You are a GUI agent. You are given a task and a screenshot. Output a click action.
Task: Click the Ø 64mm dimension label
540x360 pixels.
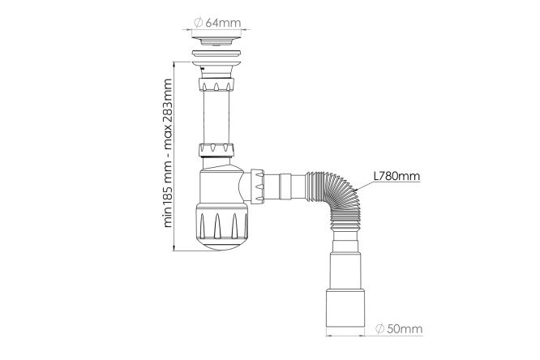tap(217, 23)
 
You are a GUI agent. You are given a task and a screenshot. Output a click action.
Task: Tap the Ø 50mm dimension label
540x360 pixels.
tap(399, 328)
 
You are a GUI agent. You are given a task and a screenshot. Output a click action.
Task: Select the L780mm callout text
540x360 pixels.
tap(397, 176)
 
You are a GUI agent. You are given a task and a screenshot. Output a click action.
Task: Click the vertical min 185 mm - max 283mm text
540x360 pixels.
tap(167, 153)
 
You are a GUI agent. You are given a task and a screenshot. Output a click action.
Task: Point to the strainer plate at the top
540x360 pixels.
tap(216, 40)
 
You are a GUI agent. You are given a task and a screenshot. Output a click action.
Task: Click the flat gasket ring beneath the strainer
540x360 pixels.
tap(216, 54)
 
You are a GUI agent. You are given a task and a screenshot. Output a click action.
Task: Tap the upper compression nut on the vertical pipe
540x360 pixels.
tap(216, 84)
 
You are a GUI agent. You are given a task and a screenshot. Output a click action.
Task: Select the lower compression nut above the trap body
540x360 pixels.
tap(216, 150)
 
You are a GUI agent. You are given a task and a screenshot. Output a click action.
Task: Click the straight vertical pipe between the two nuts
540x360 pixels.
tap(216, 117)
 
